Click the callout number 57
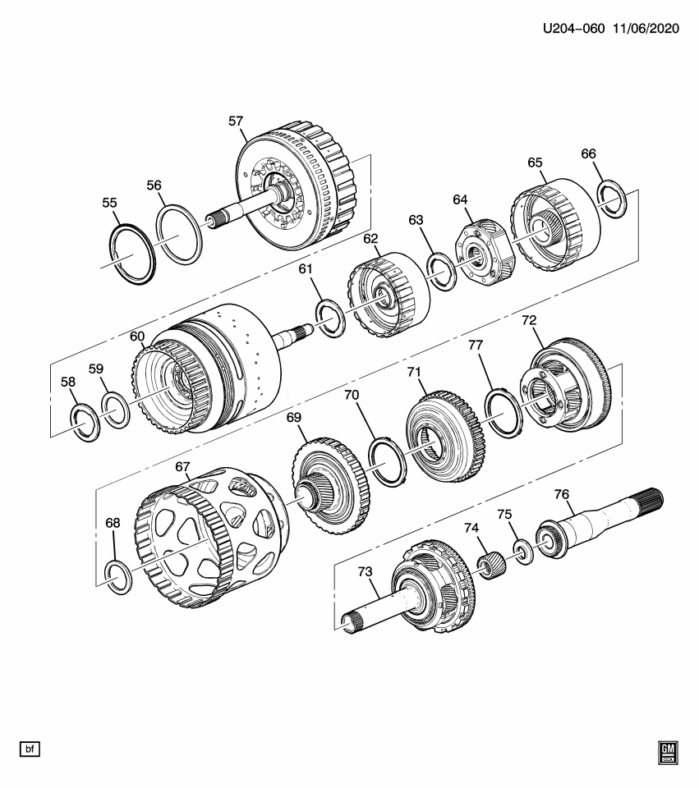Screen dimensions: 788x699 click(236, 121)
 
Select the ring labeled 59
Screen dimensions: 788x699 click(116, 410)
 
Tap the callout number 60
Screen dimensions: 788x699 click(137, 337)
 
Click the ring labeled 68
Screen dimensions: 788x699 click(120, 578)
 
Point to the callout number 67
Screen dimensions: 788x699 click(182, 468)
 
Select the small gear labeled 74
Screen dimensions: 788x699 click(491, 566)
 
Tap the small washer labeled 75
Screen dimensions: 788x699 click(522, 552)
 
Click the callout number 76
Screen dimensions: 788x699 click(561, 494)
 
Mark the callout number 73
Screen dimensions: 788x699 click(365, 571)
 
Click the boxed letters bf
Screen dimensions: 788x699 click(30, 749)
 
